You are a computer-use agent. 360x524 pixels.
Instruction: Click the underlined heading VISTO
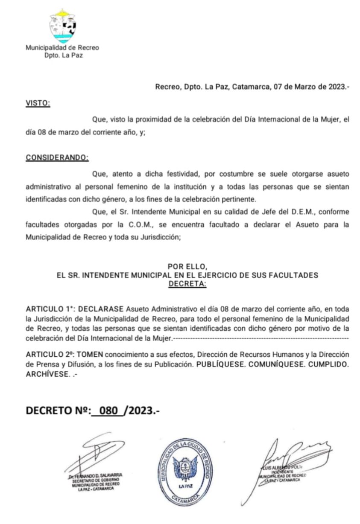click(x=38, y=103)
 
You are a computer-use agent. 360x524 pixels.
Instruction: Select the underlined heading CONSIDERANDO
click(x=57, y=157)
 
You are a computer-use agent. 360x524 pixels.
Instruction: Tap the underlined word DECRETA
click(x=187, y=284)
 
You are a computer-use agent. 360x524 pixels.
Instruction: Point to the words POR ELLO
click(x=187, y=267)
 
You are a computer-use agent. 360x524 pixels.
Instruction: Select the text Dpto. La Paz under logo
click(x=62, y=55)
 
